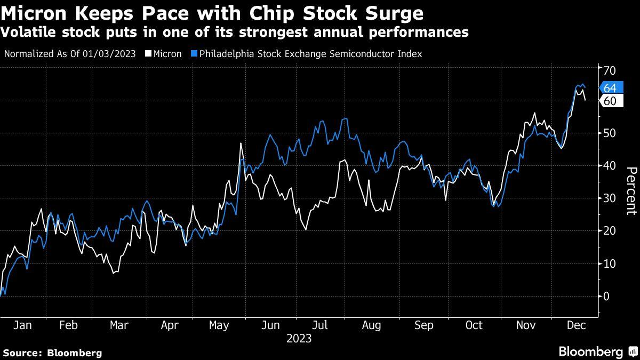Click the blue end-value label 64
tap(610, 88)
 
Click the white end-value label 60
tap(610, 101)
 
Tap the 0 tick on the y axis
tap(607, 296)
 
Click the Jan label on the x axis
tap(22, 325)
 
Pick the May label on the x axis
tap(220, 325)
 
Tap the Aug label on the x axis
tap(371, 325)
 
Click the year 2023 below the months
tap(299, 338)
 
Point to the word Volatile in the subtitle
tap(29, 33)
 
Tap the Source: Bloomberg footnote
tap(52, 353)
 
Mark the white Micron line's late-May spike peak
tap(241, 143)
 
